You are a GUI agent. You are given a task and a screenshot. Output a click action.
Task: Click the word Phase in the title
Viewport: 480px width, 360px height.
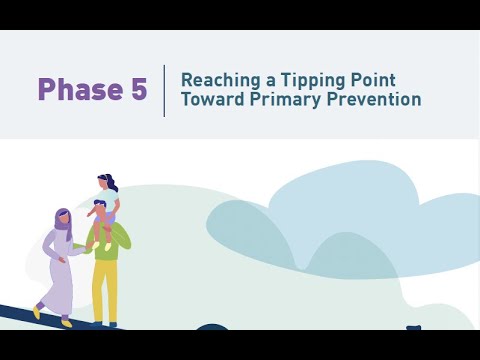pyautogui.click(x=79, y=90)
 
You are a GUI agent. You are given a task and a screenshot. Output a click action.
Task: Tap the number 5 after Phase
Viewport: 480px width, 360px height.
pyautogui.click(x=138, y=90)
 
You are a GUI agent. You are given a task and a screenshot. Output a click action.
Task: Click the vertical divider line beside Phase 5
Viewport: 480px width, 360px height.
pyautogui.click(x=164, y=90)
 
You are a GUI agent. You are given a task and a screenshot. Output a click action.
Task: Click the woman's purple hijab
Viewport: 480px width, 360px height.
pyautogui.click(x=63, y=220)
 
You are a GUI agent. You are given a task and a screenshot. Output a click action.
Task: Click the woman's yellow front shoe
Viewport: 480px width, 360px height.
pyautogui.click(x=37, y=312)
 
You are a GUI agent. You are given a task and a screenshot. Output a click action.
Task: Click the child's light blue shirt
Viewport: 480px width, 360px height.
pyautogui.click(x=108, y=204)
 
